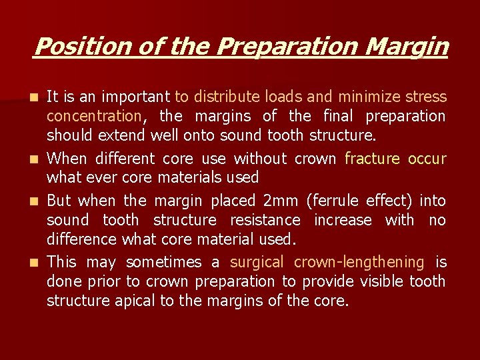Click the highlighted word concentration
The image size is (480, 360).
click(x=93, y=117)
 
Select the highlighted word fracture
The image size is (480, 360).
click(x=372, y=159)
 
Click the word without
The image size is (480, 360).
click(x=257, y=159)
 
